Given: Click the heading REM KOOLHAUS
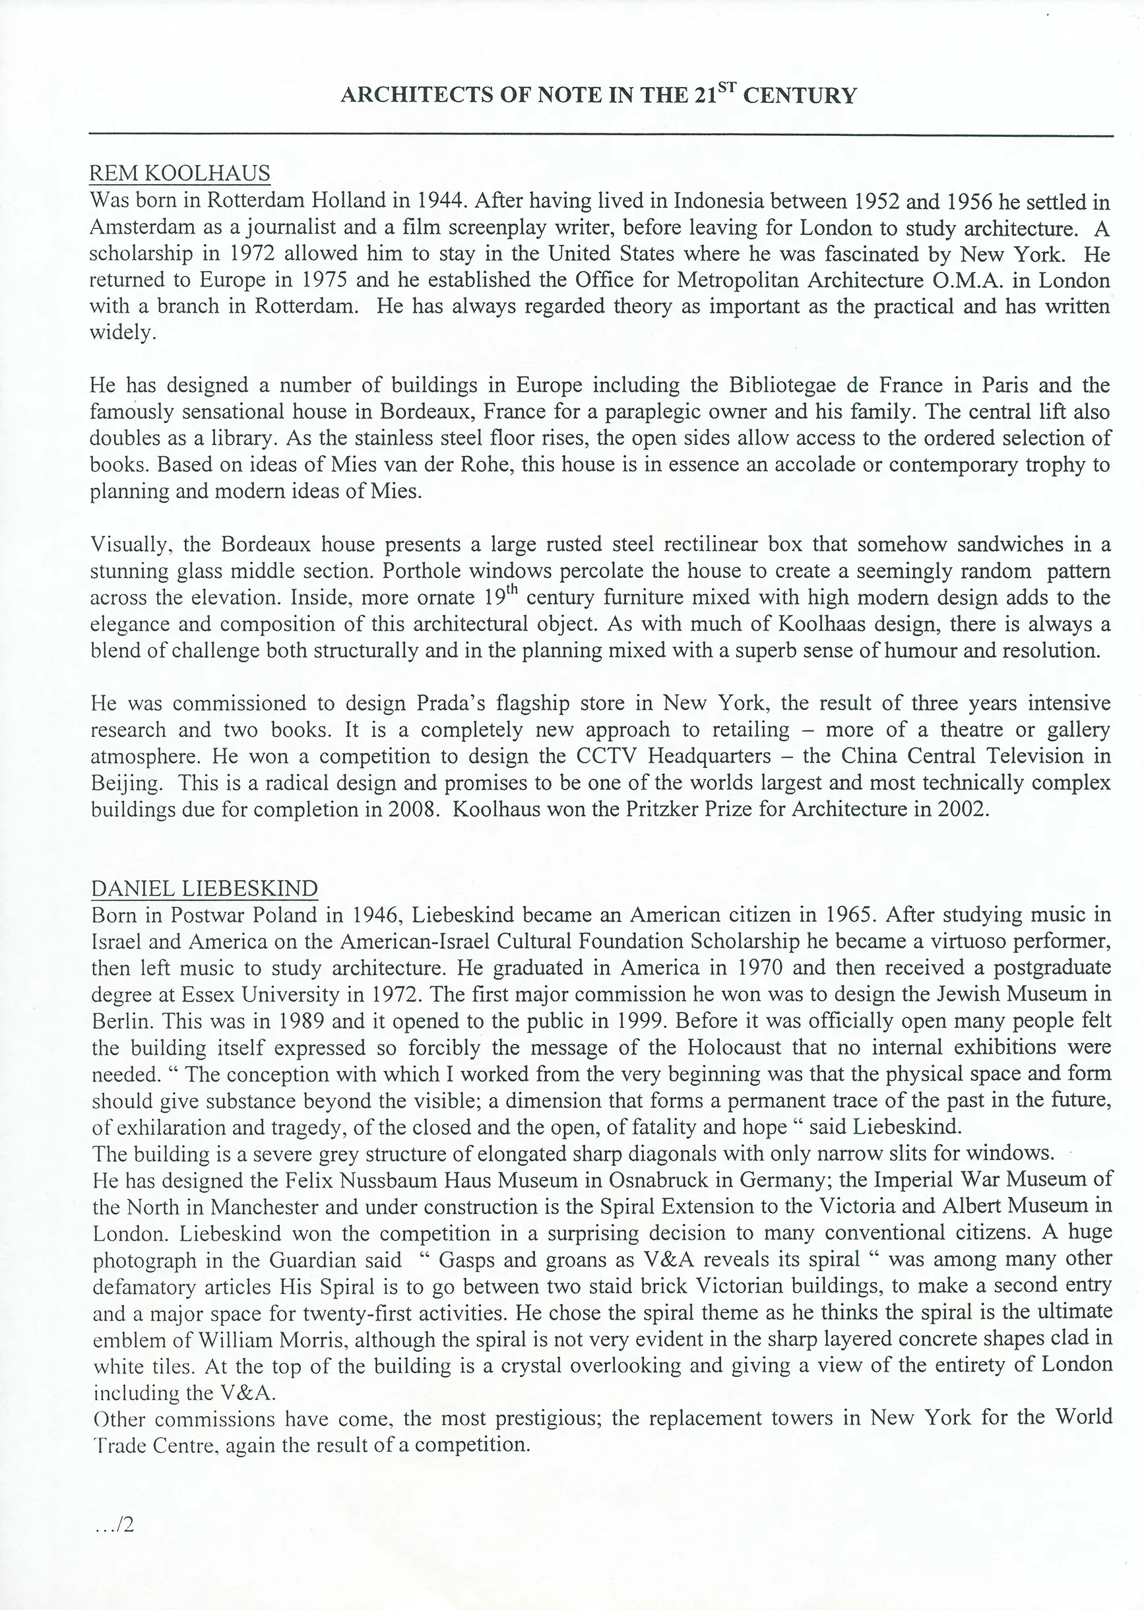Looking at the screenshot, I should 179,174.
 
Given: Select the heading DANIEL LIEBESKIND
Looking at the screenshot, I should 205,889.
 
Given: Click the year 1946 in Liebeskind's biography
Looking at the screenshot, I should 376,915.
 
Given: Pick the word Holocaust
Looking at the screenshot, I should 735,1048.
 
